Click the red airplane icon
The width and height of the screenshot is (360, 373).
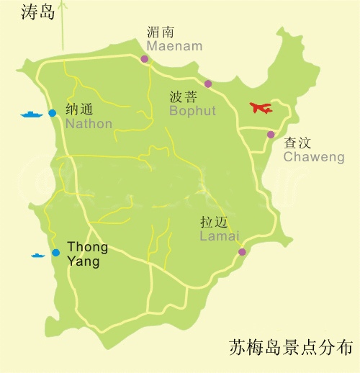pos(261,108)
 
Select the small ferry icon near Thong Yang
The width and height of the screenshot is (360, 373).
pos(37,255)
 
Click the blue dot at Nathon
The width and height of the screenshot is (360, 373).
pos(52,113)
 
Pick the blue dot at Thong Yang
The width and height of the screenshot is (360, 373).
pos(55,253)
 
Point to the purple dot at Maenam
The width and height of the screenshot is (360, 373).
pos(145,59)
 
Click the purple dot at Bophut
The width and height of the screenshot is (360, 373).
pos(208,84)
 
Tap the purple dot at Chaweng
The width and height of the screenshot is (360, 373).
pos(271,135)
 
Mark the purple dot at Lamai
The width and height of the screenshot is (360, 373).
pos(242,252)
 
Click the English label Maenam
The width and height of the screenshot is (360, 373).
pos(174,46)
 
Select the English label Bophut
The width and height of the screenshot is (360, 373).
pos(193,111)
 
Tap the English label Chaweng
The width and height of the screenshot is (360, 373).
pos(313,157)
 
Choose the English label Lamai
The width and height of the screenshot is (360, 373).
pos(219,235)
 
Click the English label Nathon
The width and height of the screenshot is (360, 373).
pos(89,124)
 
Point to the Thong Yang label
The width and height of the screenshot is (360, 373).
pos(87,255)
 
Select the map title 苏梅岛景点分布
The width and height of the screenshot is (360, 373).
pos(290,346)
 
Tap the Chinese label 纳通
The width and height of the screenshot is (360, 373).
pos(79,109)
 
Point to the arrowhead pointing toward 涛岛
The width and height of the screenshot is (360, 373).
pos(63,6)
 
